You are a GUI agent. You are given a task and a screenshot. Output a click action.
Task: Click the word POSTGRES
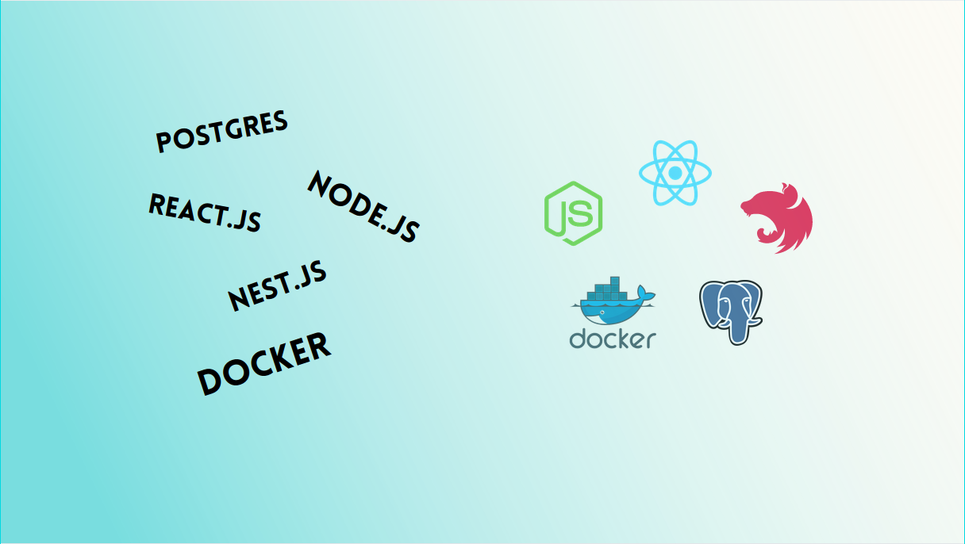click(221, 132)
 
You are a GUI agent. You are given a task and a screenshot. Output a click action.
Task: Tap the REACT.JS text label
click(205, 212)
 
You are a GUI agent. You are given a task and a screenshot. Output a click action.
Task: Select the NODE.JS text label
click(363, 206)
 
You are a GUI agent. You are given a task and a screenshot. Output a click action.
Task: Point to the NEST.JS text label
click(277, 286)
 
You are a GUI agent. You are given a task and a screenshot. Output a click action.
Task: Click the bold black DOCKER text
click(263, 363)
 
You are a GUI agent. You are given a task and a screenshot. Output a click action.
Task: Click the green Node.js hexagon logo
click(573, 213)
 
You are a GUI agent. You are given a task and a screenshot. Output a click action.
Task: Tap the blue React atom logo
click(675, 172)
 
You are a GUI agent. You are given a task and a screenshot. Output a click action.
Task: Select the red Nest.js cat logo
click(778, 217)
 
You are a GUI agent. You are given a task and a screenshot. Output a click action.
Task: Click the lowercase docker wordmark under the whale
click(613, 339)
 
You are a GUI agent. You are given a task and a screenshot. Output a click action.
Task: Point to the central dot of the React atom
click(675, 172)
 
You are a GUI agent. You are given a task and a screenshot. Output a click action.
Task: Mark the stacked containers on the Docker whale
click(602, 290)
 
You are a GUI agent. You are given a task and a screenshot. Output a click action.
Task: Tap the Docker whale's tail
click(647, 297)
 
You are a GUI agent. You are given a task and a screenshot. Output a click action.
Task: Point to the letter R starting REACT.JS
click(156, 203)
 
